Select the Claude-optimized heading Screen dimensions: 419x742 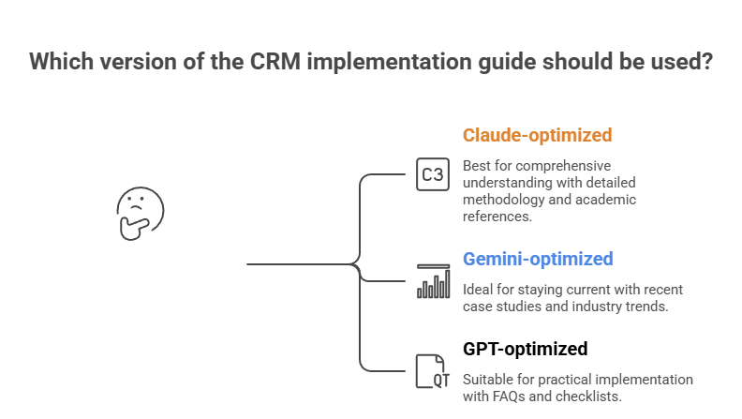537,135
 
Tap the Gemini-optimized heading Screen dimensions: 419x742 538,259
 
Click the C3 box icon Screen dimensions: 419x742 433,174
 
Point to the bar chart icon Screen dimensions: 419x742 433,281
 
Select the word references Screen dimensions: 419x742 497,217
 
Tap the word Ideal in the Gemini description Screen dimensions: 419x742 478,288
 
